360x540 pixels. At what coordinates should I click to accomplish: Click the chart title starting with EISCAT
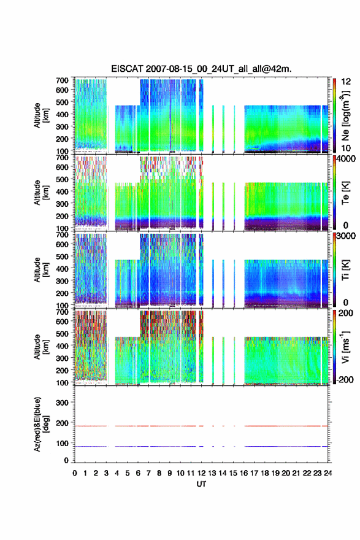point(201,69)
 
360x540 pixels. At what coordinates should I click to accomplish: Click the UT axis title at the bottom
point(201,484)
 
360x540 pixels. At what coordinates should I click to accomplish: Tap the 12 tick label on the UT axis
point(201,473)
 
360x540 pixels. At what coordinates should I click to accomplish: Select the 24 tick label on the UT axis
point(328,473)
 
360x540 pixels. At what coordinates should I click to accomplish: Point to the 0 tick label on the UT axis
point(75,473)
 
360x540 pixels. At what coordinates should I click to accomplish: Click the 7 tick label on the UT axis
point(148,473)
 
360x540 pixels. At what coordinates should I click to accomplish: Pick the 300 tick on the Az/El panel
point(62,403)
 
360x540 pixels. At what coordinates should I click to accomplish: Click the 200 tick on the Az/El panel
point(62,423)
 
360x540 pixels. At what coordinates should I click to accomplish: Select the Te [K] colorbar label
point(345,193)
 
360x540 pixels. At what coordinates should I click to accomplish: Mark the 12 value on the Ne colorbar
point(346,82)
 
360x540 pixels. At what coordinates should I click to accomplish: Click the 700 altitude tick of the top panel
point(62,80)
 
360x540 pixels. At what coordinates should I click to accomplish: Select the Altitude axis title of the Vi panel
point(40,347)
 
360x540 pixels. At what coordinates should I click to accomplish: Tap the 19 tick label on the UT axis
point(275,473)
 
